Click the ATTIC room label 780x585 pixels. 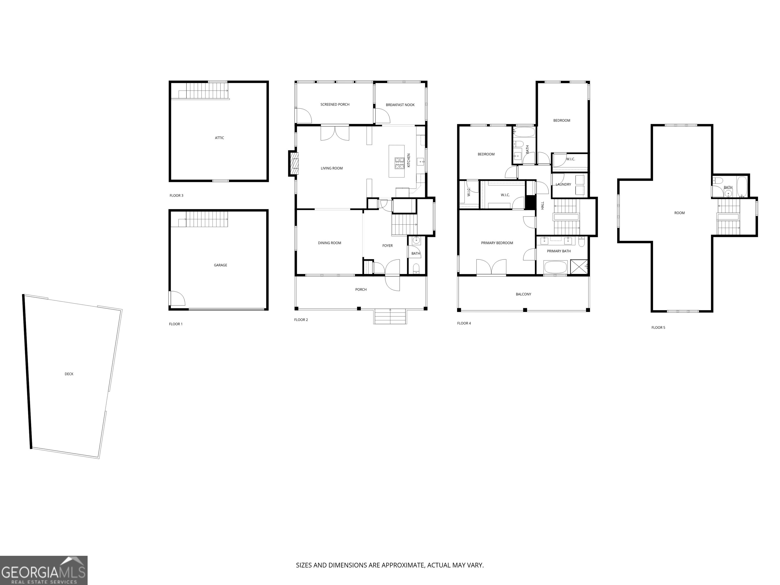click(219, 138)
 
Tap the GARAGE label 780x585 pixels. click(220, 265)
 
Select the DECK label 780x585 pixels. click(69, 374)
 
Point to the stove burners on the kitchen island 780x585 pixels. click(399, 162)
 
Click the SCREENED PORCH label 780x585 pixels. click(335, 104)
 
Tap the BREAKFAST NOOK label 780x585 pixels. click(400, 105)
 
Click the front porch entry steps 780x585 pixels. click(390, 316)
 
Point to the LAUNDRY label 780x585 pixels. click(563, 184)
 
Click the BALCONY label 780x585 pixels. click(523, 294)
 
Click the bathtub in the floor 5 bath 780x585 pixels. click(742, 187)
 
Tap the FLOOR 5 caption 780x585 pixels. click(658, 328)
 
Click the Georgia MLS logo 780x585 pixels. click(43, 570)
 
